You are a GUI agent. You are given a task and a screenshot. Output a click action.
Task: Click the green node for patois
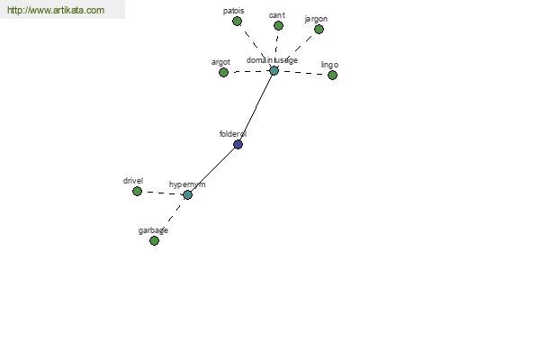[x=237, y=22]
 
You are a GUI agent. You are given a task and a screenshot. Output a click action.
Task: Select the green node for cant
[x=278, y=25]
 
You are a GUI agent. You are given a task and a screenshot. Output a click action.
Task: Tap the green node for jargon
[x=319, y=30]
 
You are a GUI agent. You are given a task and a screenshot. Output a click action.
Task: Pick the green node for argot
[x=223, y=72]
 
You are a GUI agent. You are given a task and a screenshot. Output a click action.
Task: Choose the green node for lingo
[x=332, y=75]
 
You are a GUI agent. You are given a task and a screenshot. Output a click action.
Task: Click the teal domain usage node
[x=274, y=71]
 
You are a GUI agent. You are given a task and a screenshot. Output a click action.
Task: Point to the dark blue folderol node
[x=238, y=144]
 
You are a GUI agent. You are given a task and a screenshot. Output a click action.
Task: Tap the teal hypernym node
[x=187, y=195]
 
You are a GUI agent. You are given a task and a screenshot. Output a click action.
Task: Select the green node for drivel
[x=137, y=191]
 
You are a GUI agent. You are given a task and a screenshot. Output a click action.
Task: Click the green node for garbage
[x=154, y=240]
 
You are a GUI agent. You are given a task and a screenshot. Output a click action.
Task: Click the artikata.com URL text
[x=56, y=10]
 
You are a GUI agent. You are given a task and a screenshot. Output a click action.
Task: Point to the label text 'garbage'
[x=153, y=230]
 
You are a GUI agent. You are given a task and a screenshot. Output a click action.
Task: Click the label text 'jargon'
[x=316, y=19]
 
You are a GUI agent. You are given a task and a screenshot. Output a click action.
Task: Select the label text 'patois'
[x=233, y=11]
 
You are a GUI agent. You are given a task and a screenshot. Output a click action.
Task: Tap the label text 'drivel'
[x=133, y=181]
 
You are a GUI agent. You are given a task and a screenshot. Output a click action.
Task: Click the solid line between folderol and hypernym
[x=212, y=170]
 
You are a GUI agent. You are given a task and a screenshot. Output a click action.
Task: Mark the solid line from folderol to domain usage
[x=256, y=107]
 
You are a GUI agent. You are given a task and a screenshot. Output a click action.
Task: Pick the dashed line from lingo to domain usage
[x=303, y=73]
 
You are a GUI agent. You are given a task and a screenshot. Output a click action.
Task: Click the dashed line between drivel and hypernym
[x=162, y=193]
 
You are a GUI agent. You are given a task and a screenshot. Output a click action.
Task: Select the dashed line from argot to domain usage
[x=248, y=72]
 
